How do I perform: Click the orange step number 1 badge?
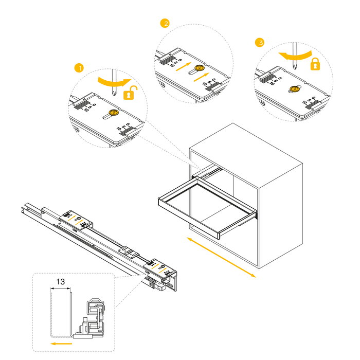(78, 68)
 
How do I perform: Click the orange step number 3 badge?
(260, 43)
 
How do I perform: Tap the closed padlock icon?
(315, 64)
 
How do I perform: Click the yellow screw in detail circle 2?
(200, 67)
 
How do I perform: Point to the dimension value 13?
(60, 281)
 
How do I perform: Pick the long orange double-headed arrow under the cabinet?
(221, 257)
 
